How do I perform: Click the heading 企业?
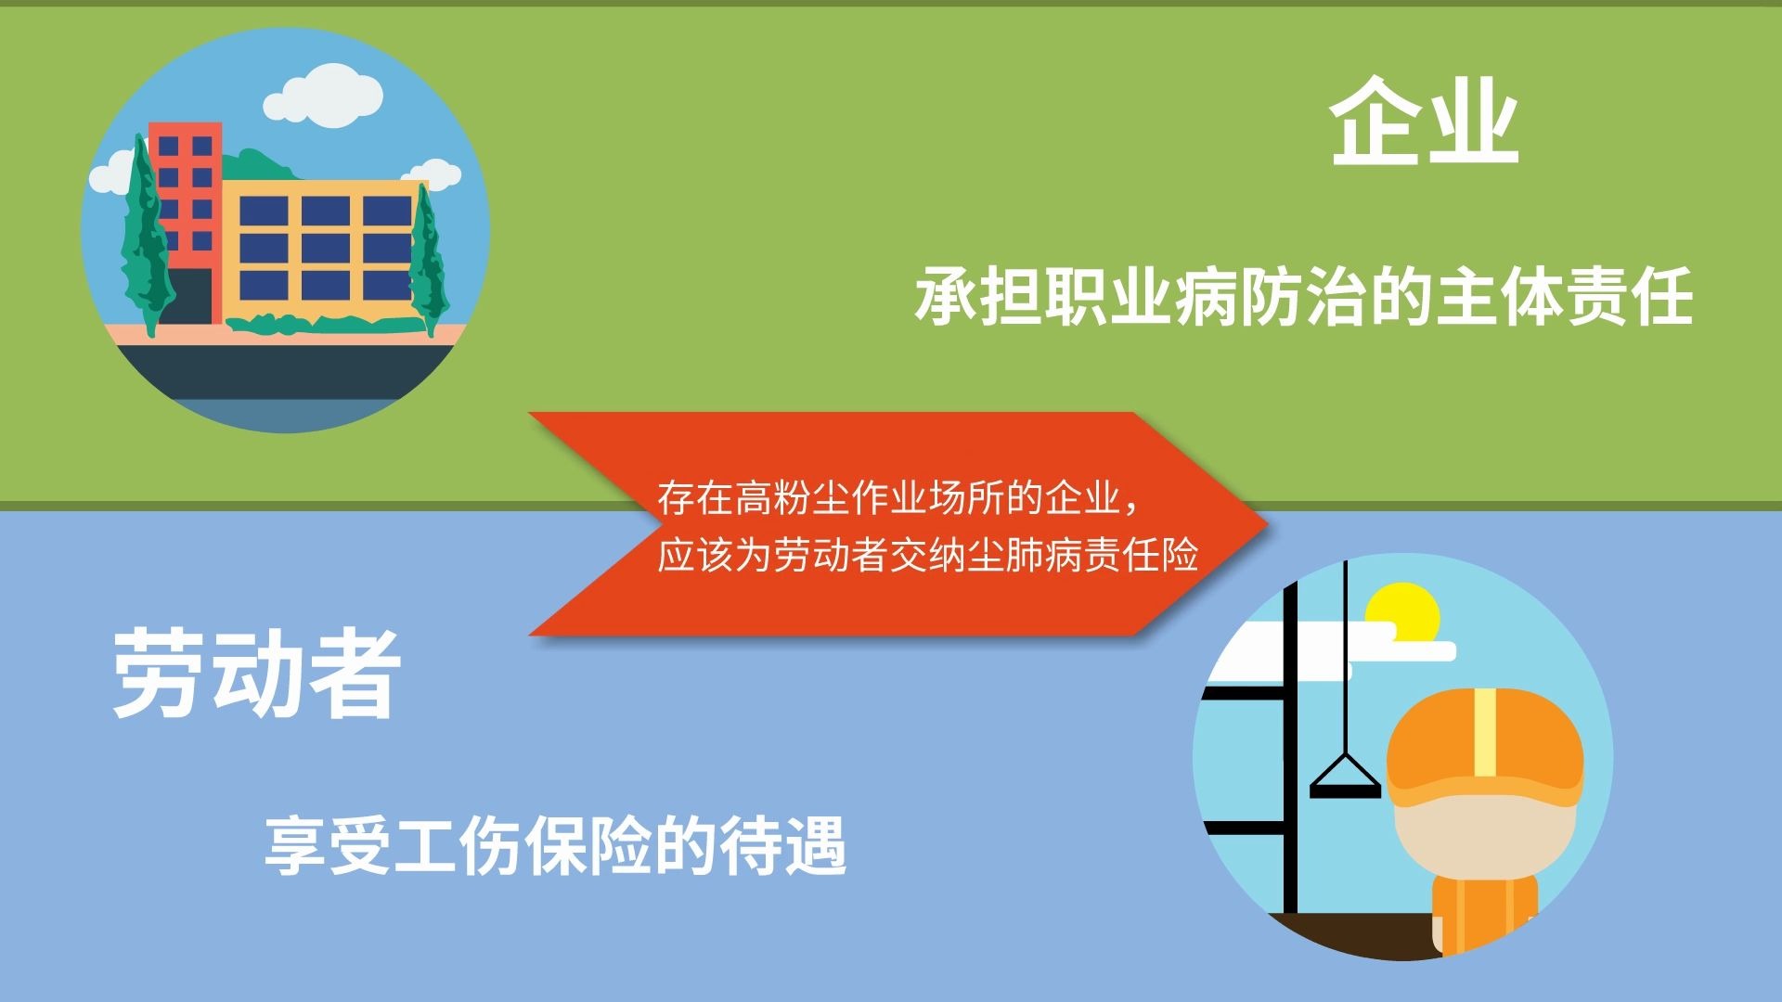(x=1424, y=123)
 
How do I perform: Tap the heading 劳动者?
(x=256, y=674)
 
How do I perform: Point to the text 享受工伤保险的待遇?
(x=555, y=845)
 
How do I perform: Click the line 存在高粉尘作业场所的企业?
(x=897, y=498)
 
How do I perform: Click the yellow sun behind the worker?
(x=1402, y=611)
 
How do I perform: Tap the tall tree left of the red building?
(x=144, y=241)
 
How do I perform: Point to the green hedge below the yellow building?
(x=325, y=324)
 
